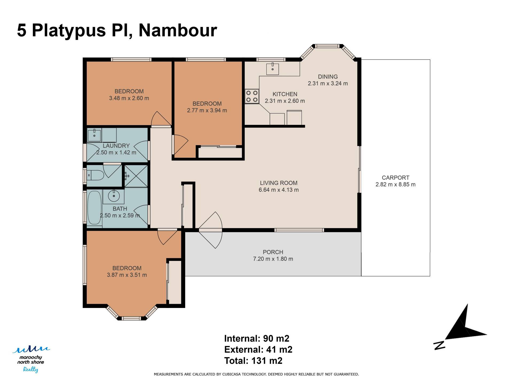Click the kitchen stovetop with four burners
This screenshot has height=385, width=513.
tap(252, 96)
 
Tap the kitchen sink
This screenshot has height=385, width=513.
tap(273, 69)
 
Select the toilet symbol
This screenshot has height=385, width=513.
tap(96, 175)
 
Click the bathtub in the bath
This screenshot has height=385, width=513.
tap(95, 207)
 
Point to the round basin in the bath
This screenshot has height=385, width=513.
tap(114, 196)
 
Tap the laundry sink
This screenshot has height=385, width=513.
tap(94, 135)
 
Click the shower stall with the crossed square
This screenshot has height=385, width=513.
tap(136, 176)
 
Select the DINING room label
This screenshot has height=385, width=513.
tap(328, 76)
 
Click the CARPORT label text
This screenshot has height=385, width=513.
tap(395, 178)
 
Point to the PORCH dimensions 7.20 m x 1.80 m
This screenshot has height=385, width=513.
tap(273, 259)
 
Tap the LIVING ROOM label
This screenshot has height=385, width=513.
tap(279, 183)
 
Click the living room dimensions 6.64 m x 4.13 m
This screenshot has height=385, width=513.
tap(279, 190)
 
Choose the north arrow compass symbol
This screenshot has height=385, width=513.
tap(460, 328)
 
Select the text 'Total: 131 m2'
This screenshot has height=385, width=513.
tap(253, 361)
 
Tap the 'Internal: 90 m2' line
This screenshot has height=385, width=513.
tap(257, 338)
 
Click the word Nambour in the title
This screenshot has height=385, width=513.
tap(178, 30)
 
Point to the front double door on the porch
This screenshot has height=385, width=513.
tap(211, 230)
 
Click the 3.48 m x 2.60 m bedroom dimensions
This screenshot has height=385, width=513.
tap(129, 98)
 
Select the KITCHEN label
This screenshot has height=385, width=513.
tap(285, 94)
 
